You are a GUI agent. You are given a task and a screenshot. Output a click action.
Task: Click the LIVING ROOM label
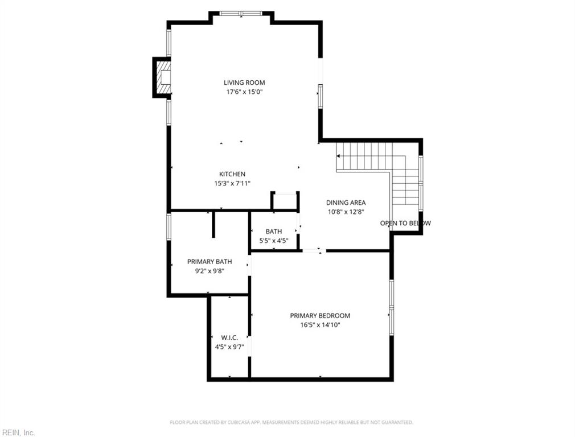pyautogui.click(x=244, y=83)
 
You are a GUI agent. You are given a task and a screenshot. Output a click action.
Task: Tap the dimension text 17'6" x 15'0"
pyautogui.click(x=244, y=92)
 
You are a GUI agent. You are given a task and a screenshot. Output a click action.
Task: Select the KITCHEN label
pyautogui.click(x=232, y=174)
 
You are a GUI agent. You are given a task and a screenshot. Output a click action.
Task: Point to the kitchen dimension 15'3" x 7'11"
pyautogui.click(x=232, y=183)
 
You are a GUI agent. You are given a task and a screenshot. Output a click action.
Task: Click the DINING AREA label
pyautogui.click(x=346, y=203)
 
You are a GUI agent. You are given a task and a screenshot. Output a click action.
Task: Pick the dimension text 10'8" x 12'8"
pyautogui.click(x=346, y=212)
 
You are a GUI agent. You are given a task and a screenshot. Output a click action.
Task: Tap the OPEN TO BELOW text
pyautogui.click(x=405, y=223)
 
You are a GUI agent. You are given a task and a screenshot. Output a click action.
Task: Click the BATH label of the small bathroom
pyautogui.click(x=273, y=232)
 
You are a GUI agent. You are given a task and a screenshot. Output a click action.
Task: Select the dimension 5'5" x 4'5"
pyautogui.click(x=273, y=241)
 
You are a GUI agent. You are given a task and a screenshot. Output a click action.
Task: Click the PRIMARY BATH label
pyautogui.click(x=210, y=262)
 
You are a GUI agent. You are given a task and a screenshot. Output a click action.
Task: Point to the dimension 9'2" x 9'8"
pyautogui.click(x=210, y=271)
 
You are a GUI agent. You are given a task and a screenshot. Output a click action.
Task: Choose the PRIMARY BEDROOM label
pyautogui.click(x=320, y=316)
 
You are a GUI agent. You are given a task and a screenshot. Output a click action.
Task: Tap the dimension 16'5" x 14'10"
pyautogui.click(x=320, y=325)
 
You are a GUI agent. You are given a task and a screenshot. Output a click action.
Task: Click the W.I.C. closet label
pyautogui.click(x=229, y=337)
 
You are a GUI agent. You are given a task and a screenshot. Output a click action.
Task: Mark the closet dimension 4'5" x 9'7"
pyautogui.click(x=229, y=347)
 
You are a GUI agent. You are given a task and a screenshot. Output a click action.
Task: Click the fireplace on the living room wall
pyautogui.click(x=162, y=77)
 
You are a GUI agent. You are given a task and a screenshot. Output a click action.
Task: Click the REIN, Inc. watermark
pyautogui.click(x=18, y=432)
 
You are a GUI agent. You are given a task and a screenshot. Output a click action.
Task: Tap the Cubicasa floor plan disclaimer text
pyautogui.click(x=291, y=422)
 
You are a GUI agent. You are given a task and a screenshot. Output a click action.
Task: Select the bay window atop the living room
pyautogui.click(x=241, y=13)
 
